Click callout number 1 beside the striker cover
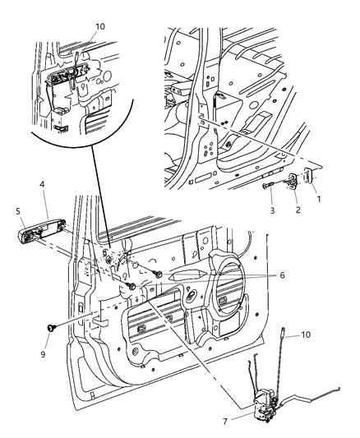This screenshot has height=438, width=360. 321,199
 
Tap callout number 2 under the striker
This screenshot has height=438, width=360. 298,210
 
